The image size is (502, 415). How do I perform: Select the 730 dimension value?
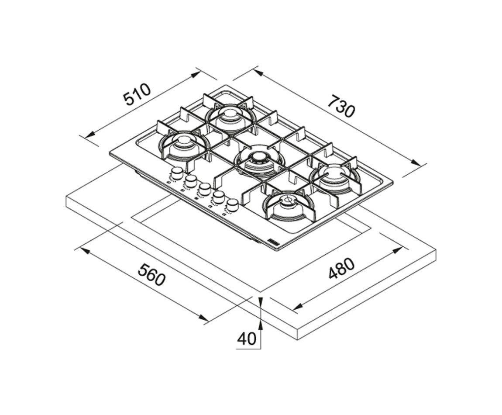(x=341, y=106)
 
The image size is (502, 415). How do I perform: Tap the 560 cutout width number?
(x=151, y=274)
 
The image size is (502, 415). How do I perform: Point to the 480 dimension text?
(x=341, y=269)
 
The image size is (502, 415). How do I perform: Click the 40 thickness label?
(x=247, y=339)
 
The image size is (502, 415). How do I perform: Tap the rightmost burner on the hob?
(x=334, y=175)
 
